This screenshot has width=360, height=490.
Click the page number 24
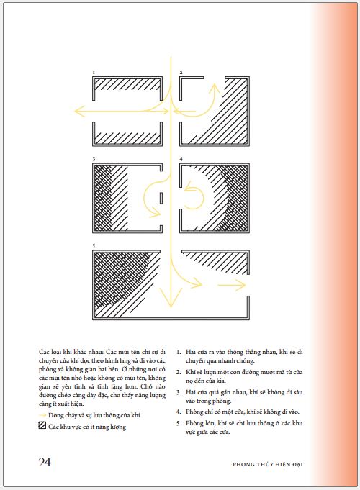45,462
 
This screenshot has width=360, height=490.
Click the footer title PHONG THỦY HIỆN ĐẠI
267,464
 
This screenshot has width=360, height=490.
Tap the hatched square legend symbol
42,425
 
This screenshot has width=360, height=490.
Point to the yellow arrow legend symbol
42,415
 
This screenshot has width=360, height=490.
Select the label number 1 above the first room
94,73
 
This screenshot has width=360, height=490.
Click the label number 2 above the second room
181,73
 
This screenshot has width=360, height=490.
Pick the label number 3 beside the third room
94,159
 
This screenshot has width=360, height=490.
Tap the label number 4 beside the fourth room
181,159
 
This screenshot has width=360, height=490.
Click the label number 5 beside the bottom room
94,246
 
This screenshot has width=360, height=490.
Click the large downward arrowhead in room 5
171,297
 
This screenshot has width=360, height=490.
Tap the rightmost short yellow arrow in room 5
231,285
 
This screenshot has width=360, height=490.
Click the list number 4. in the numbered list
179,412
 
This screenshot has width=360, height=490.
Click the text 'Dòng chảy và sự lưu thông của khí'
94,415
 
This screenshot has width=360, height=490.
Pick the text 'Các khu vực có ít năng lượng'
87,427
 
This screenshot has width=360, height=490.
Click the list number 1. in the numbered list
179,352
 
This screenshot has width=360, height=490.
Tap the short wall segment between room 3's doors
161,198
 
